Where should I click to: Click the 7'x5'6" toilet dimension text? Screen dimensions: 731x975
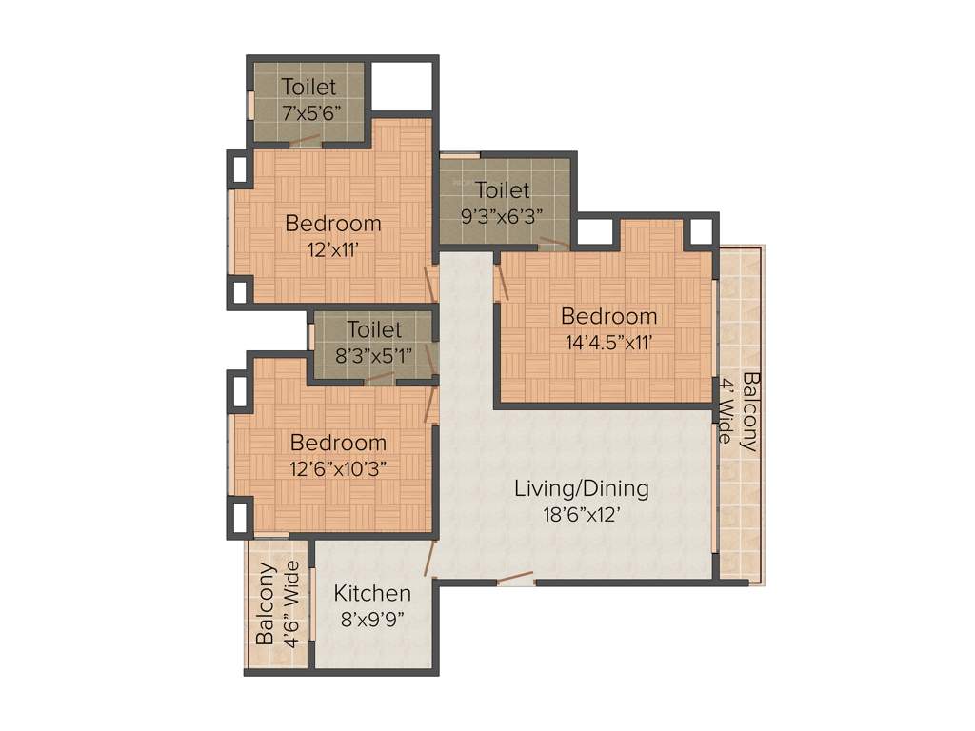coord(309,111)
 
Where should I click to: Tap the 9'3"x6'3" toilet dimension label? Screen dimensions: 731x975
coord(502,216)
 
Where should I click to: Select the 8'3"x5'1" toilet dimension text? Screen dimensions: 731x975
coord(374,355)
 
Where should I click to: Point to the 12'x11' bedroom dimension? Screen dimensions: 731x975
coord(333,250)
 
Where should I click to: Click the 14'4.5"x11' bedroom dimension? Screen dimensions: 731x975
coord(609,342)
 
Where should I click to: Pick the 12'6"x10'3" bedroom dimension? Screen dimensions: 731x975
coord(338,468)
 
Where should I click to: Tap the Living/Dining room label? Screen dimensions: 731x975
coord(582,489)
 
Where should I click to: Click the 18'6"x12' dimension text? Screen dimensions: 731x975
coord(581,515)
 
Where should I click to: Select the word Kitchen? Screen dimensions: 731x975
coord(372,594)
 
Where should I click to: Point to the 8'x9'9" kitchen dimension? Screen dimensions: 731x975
coord(372,620)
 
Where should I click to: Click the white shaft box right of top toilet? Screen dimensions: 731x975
coord(400,88)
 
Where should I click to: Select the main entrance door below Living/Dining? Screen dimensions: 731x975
coord(515,577)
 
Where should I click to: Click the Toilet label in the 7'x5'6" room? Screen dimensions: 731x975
coord(308,87)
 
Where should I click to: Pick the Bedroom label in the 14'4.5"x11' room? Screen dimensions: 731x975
coord(608,316)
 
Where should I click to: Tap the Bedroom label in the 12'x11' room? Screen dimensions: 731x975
coord(333,225)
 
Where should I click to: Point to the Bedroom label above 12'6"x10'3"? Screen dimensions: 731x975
coord(338,443)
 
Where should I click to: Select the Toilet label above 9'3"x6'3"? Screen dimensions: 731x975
coord(502,190)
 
